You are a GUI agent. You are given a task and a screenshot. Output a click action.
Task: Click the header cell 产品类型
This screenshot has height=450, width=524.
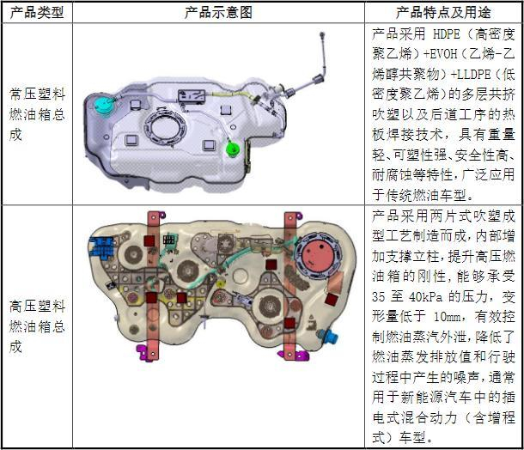tap(36, 12)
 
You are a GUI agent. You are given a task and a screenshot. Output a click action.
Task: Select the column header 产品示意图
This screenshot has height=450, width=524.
tap(218, 12)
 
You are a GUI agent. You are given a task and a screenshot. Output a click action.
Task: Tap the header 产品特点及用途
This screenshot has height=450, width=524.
tap(443, 12)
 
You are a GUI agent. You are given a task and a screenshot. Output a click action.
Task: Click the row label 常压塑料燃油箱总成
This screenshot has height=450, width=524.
tap(35, 114)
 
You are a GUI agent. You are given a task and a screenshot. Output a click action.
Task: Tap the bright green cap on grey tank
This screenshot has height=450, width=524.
tap(231, 149)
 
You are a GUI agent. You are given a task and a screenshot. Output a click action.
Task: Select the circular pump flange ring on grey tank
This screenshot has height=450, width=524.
tap(168, 125)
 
